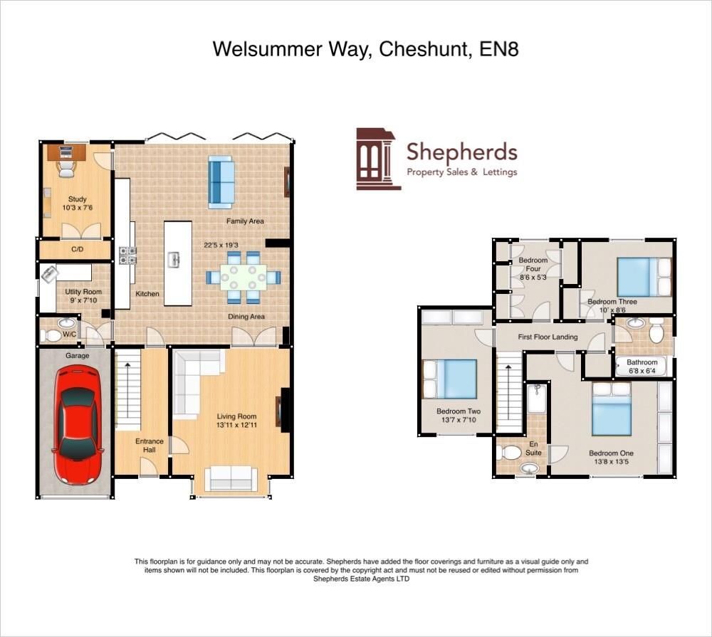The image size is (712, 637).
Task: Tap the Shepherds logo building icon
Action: pyautogui.click(x=377, y=159)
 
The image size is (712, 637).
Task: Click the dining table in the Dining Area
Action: pyautogui.click(x=243, y=275)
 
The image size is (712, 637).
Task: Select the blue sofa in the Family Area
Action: pyautogui.click(x=221, y=181)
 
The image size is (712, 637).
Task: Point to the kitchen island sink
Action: pyautogui.click(x=173, y=260)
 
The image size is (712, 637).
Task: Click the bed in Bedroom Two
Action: pyautogui.click(x=450, y=379)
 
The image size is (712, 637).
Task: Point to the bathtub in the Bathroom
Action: pyautogui.click(x=642, y=367)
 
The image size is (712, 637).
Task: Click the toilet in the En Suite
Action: pyautogui.click(x=511, y=453)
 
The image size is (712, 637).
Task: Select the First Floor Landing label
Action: pyautogui.click(x=547, y=337)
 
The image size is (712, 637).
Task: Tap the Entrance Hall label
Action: pyautogui.click(x=150, y=446)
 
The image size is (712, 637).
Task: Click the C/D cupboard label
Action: pyautogui.click(x=78, y=251)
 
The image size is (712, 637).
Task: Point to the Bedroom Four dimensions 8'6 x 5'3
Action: pyautogui.click(x=533, y=277)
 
